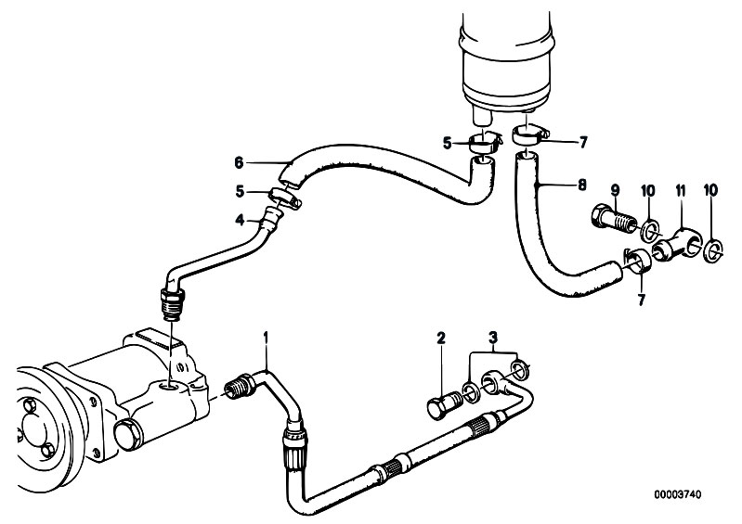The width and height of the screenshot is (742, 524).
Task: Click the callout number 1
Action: pyautogui.click(x=266, y=338)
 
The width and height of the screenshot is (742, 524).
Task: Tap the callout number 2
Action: pyautogui.click(x=441, y=338)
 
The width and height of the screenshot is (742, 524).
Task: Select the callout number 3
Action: pyautogui.click(x=493, y=338)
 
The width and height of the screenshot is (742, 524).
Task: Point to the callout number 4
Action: pyautogui.click(x=240, y=219)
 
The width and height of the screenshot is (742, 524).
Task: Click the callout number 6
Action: pyautogui.click(x=239, y=163)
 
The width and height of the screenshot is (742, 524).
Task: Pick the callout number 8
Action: pyautogui.click(x=581, y=184)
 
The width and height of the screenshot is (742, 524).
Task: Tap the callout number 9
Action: pyautogui.click(x=615, y=190)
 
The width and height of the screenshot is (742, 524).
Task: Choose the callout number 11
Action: pyautogui.click(x=680, y=190)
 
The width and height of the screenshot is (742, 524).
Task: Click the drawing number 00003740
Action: pyautogui.click(x=678, y=494)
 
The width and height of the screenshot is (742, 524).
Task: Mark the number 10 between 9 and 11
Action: pyautogui.click(x=648, y=190)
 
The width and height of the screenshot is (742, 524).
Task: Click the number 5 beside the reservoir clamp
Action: pyautogui.click(x=448, y=143)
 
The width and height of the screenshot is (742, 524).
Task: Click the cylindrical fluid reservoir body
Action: pyautogui.click(x=505, y=57)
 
